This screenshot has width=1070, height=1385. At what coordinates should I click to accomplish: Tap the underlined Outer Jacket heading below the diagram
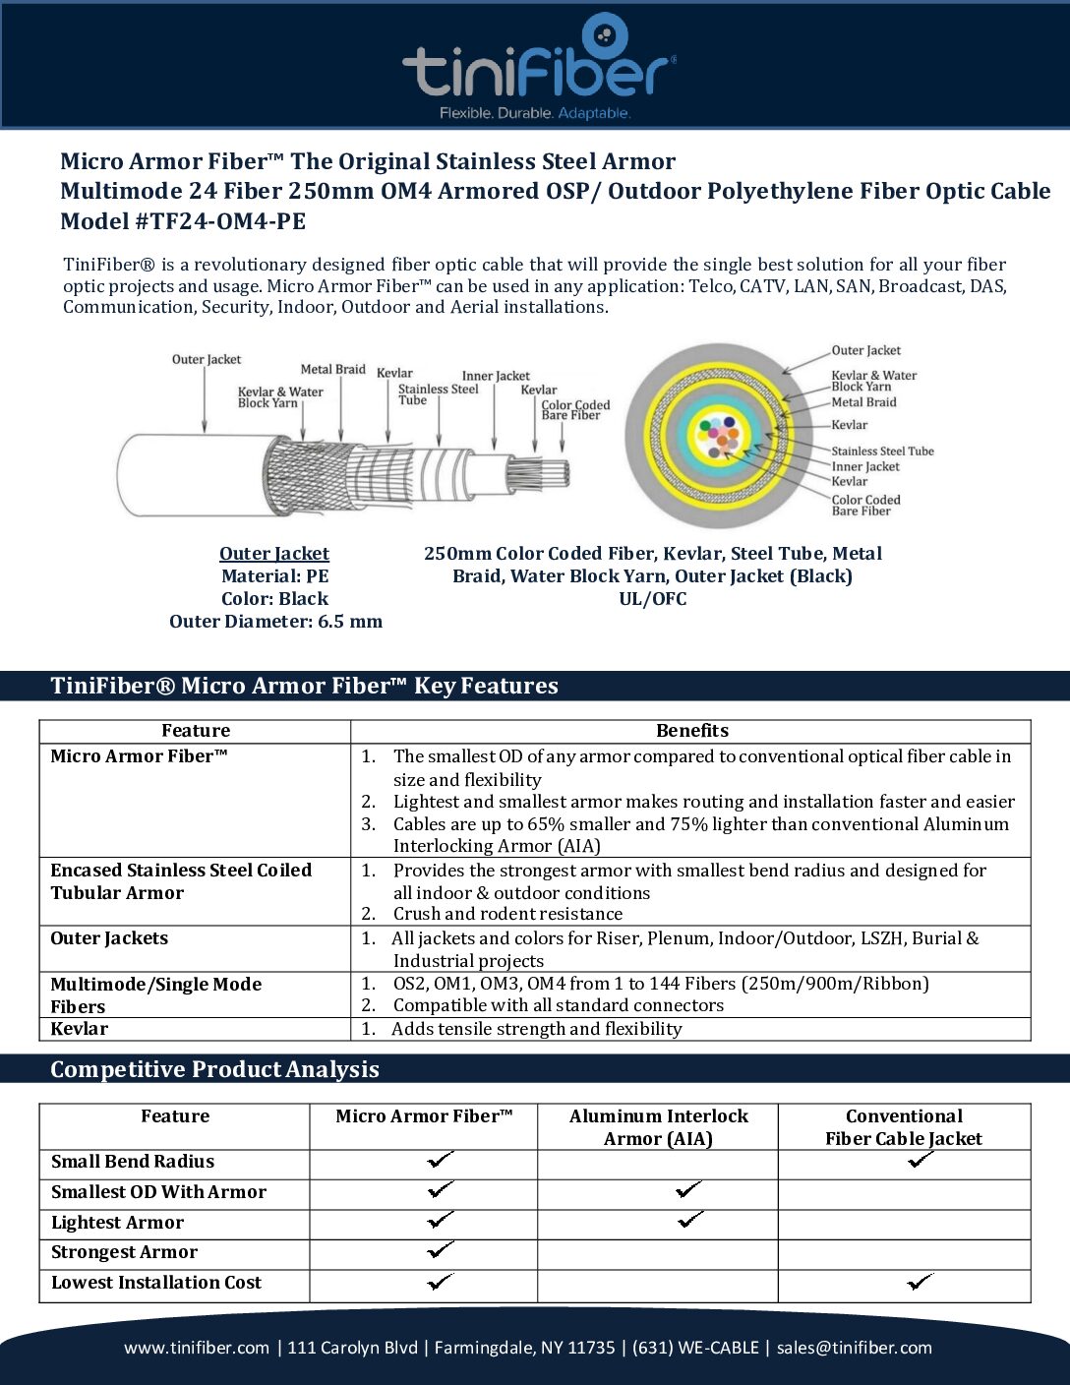tap(274, 554)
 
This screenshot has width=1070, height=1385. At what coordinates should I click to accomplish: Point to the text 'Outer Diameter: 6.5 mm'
tap(275, 622)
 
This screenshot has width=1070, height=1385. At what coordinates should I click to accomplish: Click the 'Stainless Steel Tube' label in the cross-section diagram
tap(882, 452)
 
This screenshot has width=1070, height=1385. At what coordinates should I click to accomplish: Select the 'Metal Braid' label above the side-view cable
tap(332, 370)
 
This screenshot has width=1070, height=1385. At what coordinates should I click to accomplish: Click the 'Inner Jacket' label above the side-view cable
tap(496, 376)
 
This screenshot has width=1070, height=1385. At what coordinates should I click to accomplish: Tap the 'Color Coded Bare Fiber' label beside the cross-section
tap(865, 506)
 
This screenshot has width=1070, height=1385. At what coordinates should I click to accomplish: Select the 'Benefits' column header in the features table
tap(691, 731)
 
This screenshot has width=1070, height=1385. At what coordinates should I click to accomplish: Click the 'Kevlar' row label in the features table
tap(80, 1029)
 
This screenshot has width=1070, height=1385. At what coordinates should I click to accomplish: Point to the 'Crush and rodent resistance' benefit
tap(507, 914)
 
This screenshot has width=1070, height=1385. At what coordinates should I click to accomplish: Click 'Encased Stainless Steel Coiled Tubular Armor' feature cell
tap(181, 881)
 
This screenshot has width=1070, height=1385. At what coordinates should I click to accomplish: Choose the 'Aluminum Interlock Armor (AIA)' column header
tap(658, 1127)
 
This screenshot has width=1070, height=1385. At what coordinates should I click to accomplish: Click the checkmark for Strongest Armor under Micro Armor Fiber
tap(441, 1250)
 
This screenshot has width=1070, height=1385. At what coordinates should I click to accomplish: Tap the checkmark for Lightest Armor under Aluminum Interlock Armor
tap(690, 1220)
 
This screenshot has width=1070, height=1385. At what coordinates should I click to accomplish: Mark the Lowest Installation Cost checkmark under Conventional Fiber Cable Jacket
tap(921, 1282)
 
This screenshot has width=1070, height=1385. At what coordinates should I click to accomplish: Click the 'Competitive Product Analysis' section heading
tap(214, 1069)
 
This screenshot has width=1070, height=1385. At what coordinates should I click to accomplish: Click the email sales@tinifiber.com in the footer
tap(854, 1348)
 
